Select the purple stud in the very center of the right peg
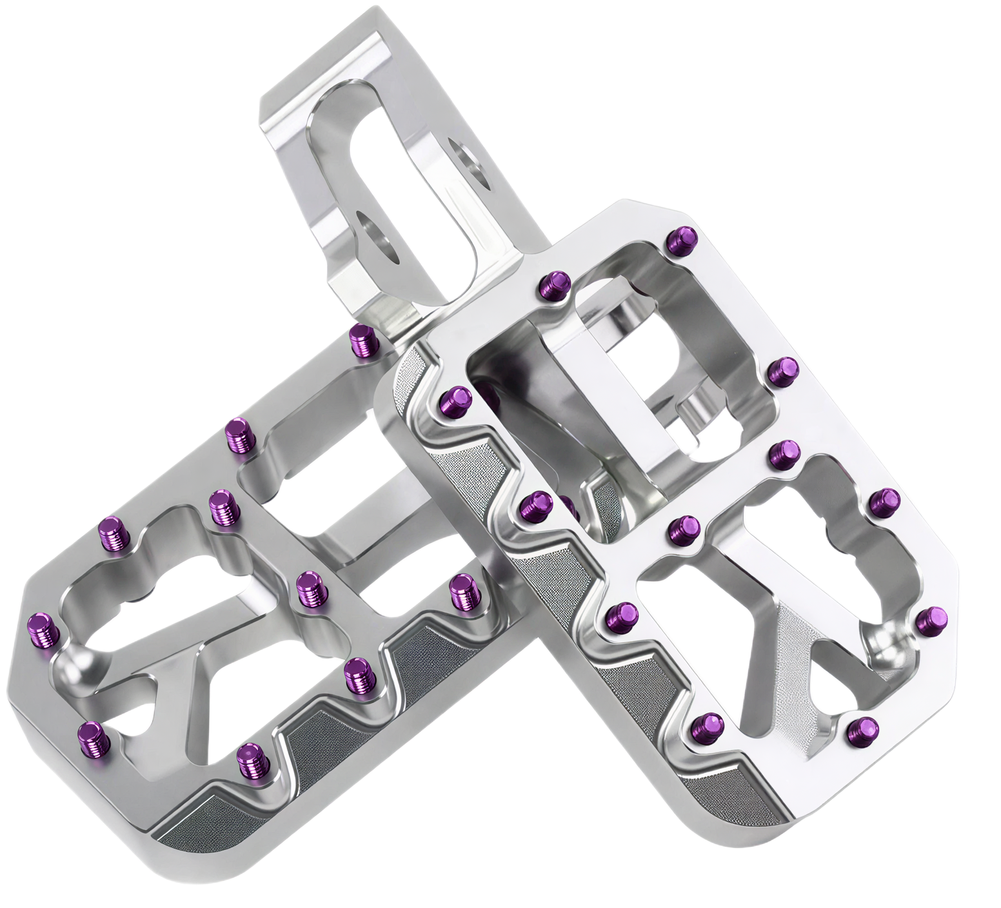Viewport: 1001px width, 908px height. tap(684, 528)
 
